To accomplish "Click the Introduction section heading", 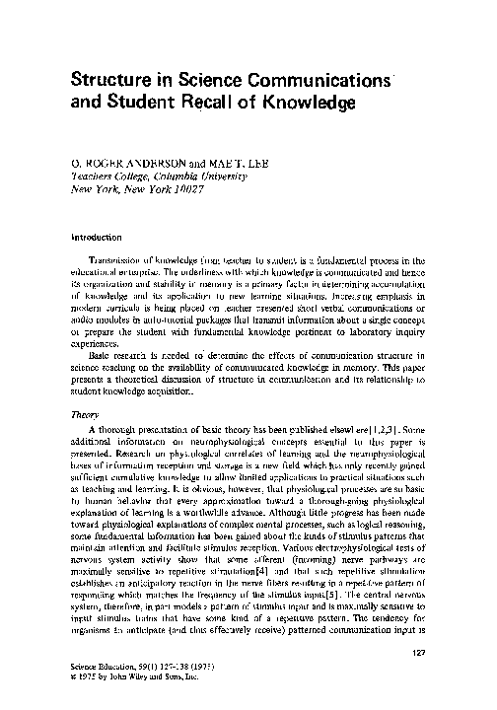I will pyautogui.click(x=95, y=237).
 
